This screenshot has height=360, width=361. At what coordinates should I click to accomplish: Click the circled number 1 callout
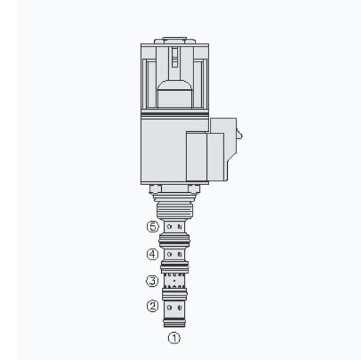coord(174,338)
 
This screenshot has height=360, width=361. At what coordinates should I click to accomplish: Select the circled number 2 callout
coord(153,306)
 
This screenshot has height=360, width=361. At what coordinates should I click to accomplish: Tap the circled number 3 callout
coord(153,281)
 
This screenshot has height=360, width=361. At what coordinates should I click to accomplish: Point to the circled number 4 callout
coord(153,254)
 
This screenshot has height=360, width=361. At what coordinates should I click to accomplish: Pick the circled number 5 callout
coord(153,227)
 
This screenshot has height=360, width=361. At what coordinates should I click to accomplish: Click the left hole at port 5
coord(170,227)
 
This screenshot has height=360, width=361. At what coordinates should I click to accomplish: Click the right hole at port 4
coord(180,255)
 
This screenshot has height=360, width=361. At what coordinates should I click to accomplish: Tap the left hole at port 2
coord(170,308)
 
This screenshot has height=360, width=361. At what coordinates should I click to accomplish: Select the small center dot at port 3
coord(174,280)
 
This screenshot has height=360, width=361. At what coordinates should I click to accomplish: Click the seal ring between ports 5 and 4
coord(174,240)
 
